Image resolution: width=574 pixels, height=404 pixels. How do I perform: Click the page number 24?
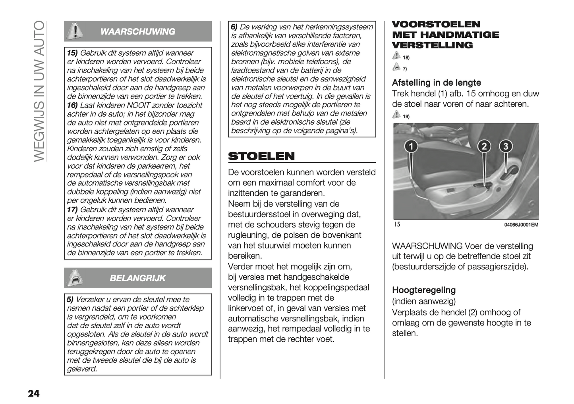tap(34, 393)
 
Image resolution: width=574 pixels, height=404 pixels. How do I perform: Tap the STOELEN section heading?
tap(261, 156)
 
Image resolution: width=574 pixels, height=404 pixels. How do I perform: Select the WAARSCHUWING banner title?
tap(138, 32)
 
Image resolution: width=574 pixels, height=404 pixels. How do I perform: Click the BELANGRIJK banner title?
tap(138, 278)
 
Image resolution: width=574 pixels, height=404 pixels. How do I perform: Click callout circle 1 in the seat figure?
tap(411, 146)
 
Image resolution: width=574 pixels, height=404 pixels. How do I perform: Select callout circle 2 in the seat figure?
tap(484, 146)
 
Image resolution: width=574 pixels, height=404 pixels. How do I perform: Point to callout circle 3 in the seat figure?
tap(505, 146)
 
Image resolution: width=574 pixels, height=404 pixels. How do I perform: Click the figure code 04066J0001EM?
tap(521, 225)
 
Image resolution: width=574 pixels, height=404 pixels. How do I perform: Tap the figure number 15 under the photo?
tap(397, 225)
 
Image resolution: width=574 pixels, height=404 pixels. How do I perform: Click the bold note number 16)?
tap(72, 105)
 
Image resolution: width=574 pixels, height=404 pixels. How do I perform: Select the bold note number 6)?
tap(234, 27)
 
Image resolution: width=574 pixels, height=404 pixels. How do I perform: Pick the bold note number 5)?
tap(70, 300)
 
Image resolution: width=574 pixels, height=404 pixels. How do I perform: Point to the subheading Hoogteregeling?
tap(423, 290)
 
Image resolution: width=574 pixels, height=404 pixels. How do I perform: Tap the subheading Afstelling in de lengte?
tap(436, 83)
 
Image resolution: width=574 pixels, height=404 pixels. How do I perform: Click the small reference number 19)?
tap(406, 117)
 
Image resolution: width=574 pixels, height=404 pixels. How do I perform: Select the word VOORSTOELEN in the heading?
tap(436, 24)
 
